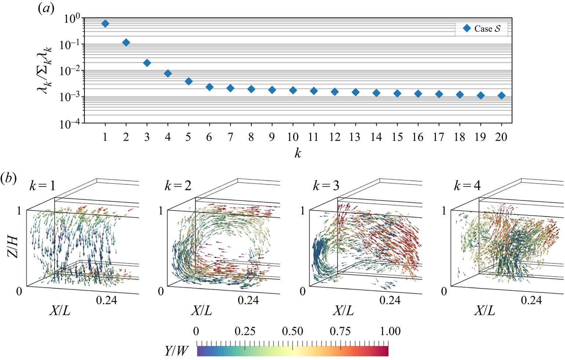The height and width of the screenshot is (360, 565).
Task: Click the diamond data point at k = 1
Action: (105, 24)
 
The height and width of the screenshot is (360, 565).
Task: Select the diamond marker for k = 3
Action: (147, 63)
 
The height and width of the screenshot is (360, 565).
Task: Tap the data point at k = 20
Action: (501, 96)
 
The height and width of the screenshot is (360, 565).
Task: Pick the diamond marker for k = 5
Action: (189, 81)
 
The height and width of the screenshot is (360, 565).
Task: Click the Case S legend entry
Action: (481, 29)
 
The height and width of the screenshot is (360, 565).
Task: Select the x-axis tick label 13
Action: (355, 137)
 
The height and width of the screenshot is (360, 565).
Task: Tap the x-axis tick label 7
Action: (230, 137)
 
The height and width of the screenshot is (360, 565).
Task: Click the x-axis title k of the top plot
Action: (298, 153)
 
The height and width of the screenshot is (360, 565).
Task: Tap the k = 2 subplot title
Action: (178, 186)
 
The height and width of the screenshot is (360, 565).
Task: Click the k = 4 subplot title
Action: (467, 186)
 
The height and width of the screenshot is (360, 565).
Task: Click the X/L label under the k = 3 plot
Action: (343, 311)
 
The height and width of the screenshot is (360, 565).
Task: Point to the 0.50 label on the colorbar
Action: (292, 331)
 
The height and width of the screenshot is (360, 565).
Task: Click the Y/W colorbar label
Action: (176, 351)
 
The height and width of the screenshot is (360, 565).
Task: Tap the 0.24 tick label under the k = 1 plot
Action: (106, 300)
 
